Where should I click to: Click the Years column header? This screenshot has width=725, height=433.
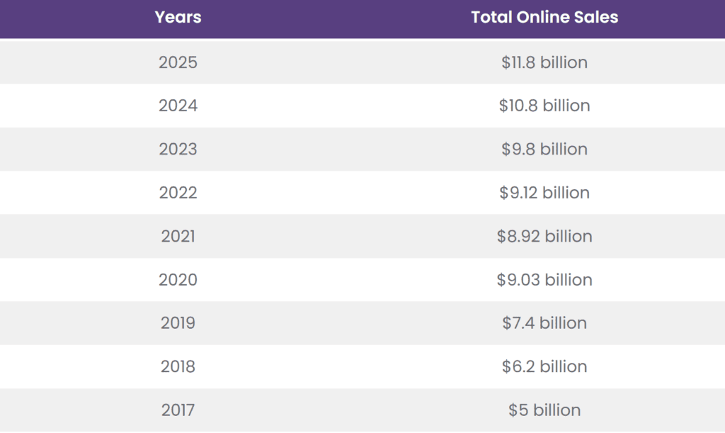[x=178, y=18]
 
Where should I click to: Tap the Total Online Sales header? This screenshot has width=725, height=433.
[x=544, y=18]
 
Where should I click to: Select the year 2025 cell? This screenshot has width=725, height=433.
[x=178, y=62]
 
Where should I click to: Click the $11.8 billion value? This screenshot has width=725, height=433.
[x=544, y=62]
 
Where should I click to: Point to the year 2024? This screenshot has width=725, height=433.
[x=178, y=106]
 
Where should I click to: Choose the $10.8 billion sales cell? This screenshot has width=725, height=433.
[x=544, y=106]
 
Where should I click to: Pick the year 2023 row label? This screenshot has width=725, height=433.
[x=178, y=149]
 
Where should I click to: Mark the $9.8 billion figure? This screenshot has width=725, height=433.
[x=544, y=149]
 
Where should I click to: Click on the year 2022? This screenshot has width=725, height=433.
[x=178, y=193]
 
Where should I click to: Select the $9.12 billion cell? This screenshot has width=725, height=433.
[x=544, y=193]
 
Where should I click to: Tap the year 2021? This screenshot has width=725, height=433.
[x=178, y=236]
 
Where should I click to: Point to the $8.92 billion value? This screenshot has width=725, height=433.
[x=544, y=236]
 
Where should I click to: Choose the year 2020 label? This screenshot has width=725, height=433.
[x=178, y=280]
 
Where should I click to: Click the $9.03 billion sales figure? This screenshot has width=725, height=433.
[x=544, y=280]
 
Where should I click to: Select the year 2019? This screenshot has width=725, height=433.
[x=178, y=323]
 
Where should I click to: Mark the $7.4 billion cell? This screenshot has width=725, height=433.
[x=544, y=323]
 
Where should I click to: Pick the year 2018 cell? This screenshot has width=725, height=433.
[x=178, y=366]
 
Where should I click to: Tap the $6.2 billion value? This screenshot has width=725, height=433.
[x=544, y=366]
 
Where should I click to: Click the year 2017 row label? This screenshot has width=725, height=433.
[x=178, y=410]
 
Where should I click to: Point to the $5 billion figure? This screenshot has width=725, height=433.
[x=544, y=410]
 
